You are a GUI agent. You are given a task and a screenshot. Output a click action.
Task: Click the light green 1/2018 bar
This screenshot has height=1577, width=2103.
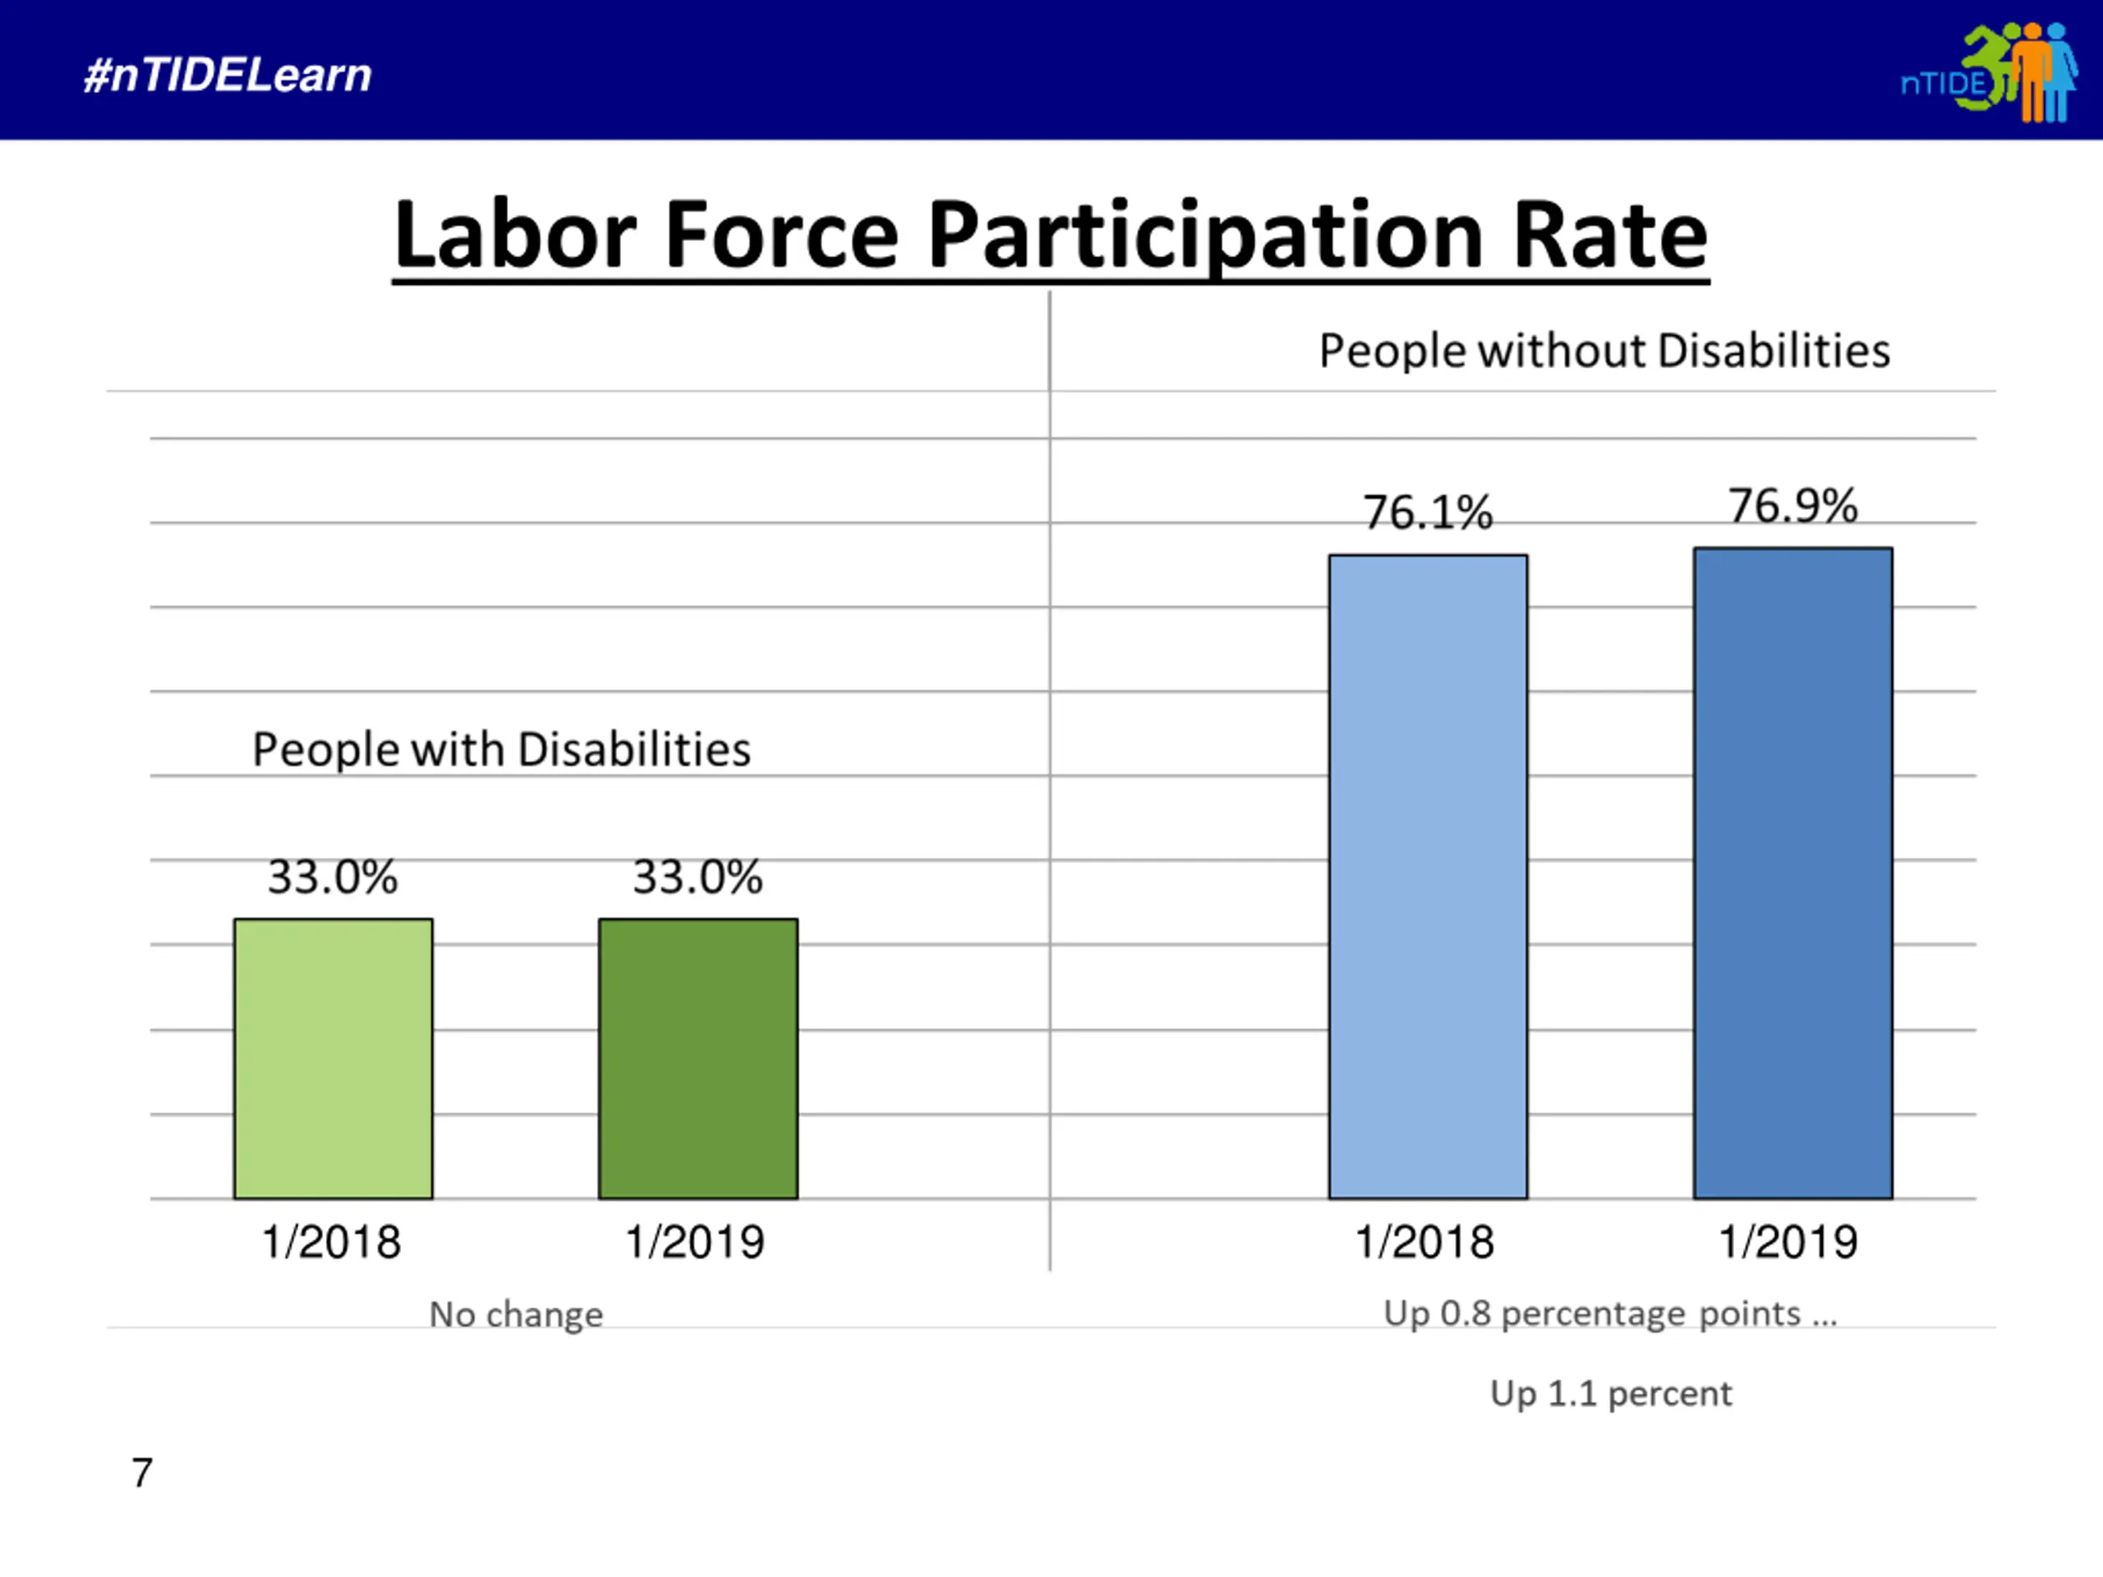click(x=333, y=1058)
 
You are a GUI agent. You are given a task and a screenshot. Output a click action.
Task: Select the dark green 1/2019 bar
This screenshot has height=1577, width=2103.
click(x=697, y=1058)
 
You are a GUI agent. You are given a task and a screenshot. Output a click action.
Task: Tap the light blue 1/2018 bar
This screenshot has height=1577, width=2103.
click(x=1428, y=876)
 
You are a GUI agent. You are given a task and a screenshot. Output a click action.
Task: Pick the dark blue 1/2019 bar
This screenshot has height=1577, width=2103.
click(x=1792, y=872)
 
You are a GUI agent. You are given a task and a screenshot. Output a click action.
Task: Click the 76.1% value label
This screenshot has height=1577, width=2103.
click(x=1428, y=513)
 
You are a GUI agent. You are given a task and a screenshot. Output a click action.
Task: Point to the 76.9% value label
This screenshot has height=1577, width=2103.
click(x=1792, y=506)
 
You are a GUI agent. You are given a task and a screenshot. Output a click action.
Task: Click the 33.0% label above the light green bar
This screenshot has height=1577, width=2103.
click(x=333, y=876)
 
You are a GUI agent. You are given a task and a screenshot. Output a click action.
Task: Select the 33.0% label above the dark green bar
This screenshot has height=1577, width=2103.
click(x=697, y=876)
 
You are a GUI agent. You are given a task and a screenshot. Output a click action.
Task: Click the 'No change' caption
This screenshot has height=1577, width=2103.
click(x=516, y=1315)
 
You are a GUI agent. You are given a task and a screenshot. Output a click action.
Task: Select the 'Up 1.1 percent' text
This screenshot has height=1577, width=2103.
click(x=1611, y=1394)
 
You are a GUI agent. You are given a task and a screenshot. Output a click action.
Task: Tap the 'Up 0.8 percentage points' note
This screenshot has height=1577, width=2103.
click(x=1609, y=1313)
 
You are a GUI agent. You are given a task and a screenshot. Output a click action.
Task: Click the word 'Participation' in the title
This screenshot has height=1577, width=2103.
click(x=1204, y=236)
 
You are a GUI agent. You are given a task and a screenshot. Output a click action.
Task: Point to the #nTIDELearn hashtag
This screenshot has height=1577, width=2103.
click(x=228, y=75)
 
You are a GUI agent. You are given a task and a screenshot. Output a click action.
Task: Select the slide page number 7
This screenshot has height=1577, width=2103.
click(x=141, y=1473)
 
